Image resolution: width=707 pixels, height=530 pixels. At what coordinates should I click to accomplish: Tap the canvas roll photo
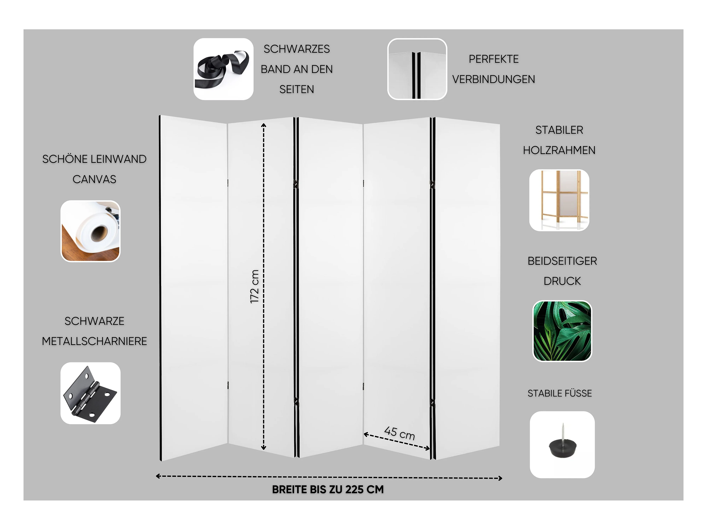90,231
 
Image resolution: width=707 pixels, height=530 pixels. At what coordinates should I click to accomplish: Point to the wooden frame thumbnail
559,200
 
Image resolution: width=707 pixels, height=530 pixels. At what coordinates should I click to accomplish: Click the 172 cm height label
254,287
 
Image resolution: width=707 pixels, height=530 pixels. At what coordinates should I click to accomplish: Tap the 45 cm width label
399,433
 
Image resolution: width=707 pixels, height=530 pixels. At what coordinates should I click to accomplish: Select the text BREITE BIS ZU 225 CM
328,489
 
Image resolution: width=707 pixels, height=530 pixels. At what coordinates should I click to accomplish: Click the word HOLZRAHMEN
559,150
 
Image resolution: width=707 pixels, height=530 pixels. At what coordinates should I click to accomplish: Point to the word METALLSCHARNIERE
94,341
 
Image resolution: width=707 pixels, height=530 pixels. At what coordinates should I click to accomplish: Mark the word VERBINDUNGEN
493,79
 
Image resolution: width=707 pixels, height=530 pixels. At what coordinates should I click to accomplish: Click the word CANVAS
94,179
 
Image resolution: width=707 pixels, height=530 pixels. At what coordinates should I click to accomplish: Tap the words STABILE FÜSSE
560,393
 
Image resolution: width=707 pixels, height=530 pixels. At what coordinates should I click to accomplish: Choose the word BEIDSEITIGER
562,261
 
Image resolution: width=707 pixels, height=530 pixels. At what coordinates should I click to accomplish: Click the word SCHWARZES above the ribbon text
297,49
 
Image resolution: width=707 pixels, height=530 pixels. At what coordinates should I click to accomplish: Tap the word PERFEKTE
493,59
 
